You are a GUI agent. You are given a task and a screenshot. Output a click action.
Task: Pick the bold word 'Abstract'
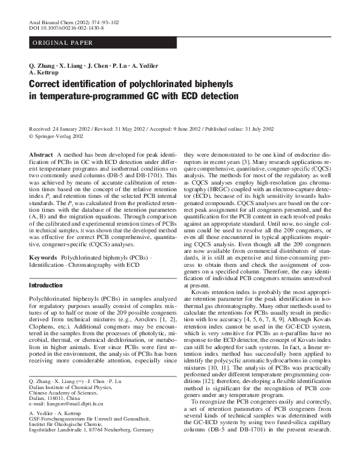tap(41, 156)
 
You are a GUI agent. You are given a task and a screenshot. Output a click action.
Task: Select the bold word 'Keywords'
tap(42, 257)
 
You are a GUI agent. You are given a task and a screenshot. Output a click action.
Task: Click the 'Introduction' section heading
tap(47, 284)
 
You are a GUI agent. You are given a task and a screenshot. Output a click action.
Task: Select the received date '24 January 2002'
tap(70, 130)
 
